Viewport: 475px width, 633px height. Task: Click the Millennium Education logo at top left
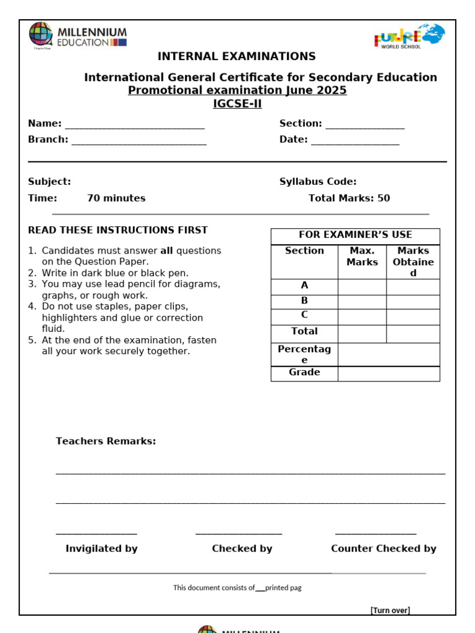pos(78,35)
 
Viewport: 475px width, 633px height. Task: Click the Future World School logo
pos(409,36)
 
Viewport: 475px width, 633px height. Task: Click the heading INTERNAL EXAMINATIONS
pos(236,56)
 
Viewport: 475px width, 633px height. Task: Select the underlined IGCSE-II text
pos(237,104)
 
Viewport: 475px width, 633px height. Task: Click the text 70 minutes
pos(116,198)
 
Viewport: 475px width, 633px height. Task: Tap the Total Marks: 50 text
pos(349,198)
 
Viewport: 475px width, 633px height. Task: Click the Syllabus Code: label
pos(318,182)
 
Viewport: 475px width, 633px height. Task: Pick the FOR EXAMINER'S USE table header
pos(355,235)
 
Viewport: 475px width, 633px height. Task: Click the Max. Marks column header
pos(362,257)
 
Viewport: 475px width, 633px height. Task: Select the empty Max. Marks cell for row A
pos(362,286)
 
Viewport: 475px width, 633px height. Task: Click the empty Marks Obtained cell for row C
pos(413,317)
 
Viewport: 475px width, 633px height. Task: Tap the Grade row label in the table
pos(304,373)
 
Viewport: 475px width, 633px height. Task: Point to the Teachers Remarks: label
pos(106,441)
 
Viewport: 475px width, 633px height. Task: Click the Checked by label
pos(242,549)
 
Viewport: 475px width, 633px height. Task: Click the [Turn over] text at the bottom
pos(390,611)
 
